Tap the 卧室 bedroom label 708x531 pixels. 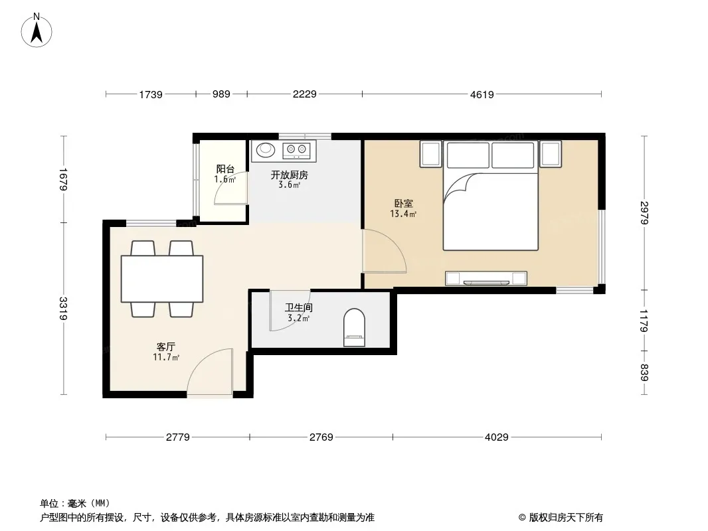click(403, 204)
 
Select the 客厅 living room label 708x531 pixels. click(166, 346)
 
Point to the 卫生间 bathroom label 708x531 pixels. click(298, 308)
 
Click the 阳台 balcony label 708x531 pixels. click(225, 169)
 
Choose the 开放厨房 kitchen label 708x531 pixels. click(290, 175)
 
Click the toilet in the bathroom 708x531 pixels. click(355, 327)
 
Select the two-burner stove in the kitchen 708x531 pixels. click(297, 150)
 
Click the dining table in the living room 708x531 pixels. click(162, 278)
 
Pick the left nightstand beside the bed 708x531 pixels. click(430, 154)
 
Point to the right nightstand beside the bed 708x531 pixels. click(551, 154)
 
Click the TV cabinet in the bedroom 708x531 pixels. click(486, 278)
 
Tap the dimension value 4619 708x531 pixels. click(482, 94)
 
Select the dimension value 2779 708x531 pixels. click(178, 437)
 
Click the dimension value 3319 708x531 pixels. click(63, 308)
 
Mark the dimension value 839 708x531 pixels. click(644, 372)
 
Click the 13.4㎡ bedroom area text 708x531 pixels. click(403, 214)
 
